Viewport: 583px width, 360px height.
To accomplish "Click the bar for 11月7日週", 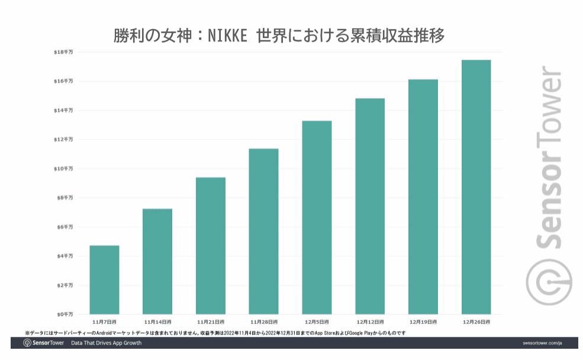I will pyautogui.click(x=104, y=279).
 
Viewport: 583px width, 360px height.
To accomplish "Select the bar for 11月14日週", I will pyautogui.click(x=157, y=261).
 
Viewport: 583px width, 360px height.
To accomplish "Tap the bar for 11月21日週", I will pyautogui.click(x=211, y=246).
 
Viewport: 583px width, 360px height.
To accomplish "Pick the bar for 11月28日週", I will pyautogui.click(x=263, y=231).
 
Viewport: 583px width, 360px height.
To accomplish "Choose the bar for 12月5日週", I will pyautogui.click(x=317, y=217).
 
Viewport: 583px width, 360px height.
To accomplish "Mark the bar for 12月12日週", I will pyautogui.click(x=370, y=206).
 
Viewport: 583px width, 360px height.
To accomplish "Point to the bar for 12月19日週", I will pyautogui.click(x=423, y=197).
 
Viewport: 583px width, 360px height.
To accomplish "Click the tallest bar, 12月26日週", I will pyautogui.click(x=476, y=187).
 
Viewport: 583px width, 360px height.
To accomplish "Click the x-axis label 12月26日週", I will pyautogui.click(x=476, y=322).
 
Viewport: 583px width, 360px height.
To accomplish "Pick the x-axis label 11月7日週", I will pyautogui.click(x=104, y=322).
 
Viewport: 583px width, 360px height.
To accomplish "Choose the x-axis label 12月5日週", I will pyautogui.click(x=317, y=322).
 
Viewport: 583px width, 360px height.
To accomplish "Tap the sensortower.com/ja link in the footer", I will pyautogui.click(x=542, y=343).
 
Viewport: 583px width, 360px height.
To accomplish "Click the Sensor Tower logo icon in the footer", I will pyautogui.click(x=27, y=343).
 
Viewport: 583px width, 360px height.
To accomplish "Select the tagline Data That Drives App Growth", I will pyautogui.click(x=106, y=343).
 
